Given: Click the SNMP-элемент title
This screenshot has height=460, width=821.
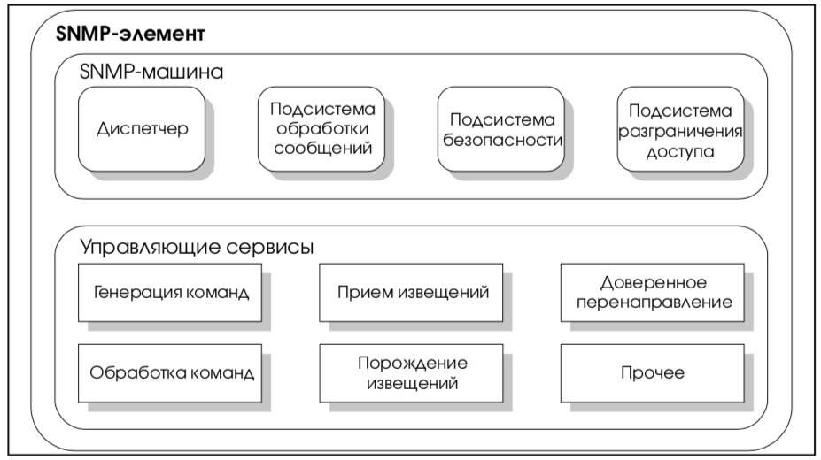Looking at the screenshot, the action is coord(130,34).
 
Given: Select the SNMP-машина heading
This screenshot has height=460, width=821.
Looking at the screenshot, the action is coord(151,72).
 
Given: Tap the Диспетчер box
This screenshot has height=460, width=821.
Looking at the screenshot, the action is coord(142,129).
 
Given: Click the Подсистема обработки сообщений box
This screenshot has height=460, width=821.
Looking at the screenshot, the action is coord(321,129).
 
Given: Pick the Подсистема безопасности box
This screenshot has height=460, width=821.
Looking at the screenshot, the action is coord(501,129).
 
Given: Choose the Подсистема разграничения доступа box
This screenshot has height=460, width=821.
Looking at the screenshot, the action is coord(681,129).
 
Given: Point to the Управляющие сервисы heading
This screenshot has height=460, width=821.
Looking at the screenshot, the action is coord(197,247).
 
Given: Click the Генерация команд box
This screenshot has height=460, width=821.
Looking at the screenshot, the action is coord(170,292).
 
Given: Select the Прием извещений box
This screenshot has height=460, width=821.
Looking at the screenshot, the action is coord(411,292).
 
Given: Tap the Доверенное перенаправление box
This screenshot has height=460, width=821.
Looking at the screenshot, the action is coord(653,292).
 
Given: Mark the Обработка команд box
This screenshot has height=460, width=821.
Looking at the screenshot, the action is coord(170,373).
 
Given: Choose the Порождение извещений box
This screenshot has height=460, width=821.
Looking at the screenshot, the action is coord(411,373).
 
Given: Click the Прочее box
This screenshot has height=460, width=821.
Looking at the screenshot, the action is coord(653,373).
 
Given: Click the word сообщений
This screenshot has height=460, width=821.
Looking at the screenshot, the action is coord(322,149).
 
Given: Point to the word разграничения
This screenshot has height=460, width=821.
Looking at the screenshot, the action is coord(680,132).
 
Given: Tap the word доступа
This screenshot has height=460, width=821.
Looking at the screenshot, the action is coord(680,151).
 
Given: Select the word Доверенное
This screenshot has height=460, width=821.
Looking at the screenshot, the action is coord(654,283).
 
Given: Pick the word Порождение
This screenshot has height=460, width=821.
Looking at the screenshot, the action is coord(413,364).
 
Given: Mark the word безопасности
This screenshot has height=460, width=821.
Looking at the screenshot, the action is coord(502,140).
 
